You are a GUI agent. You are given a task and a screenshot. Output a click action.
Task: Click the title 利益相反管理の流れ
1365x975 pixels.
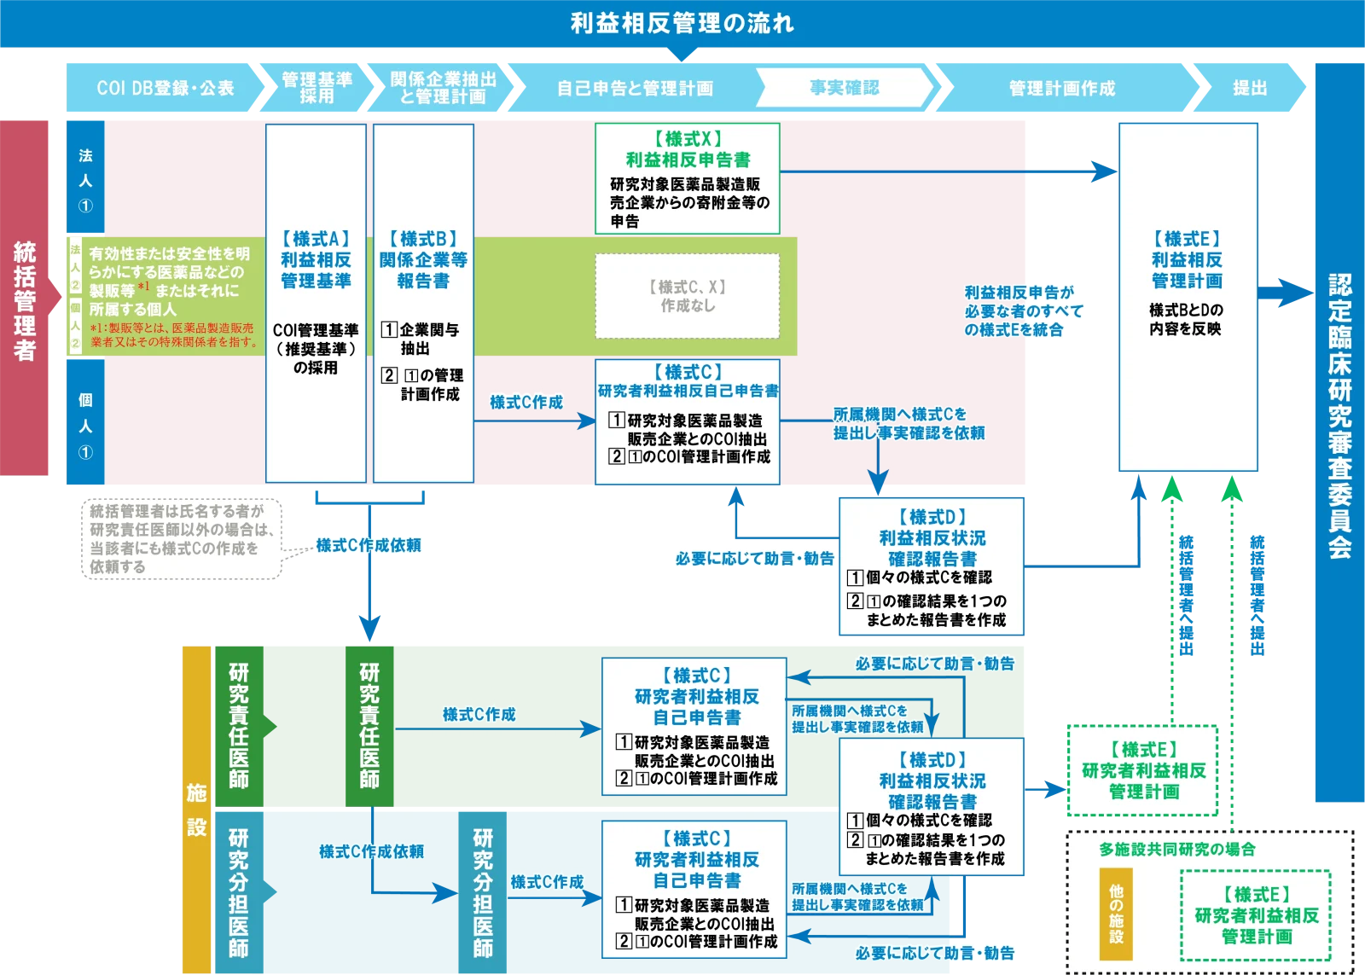coord(682,23)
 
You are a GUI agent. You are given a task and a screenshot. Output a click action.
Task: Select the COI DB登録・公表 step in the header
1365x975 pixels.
coord(165,88)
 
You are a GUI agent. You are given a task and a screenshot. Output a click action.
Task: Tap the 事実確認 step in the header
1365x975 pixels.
coord(844,88)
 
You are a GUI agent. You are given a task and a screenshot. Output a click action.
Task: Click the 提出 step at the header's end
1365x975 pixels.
coord(1249,88)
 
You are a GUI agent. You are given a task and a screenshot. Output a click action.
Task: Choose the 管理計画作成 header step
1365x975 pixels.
coord(1061,88)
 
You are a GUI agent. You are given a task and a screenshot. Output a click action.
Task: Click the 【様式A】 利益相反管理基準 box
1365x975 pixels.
coord(316,303)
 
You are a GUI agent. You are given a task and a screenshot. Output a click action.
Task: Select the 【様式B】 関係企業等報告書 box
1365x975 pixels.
coord(423,303)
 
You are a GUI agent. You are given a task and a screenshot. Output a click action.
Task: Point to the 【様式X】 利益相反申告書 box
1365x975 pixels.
coord(688,178)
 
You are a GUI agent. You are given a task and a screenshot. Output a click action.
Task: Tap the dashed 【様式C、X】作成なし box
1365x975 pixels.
coord(688,296)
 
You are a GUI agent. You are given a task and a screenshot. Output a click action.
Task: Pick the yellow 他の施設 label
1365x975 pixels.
coord(1116,914)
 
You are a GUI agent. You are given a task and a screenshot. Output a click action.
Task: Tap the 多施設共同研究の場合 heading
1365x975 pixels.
coord(1176,850)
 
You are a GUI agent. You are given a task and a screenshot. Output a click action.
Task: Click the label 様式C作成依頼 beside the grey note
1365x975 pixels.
coord(369,545)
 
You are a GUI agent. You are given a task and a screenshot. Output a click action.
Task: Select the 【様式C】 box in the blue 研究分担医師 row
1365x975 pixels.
coord(694,890)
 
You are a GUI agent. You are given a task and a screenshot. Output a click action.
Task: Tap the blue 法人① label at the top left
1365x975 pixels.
coord(85,179)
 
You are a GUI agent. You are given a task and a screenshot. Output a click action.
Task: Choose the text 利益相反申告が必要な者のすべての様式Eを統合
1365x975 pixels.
coord(1022,311)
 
